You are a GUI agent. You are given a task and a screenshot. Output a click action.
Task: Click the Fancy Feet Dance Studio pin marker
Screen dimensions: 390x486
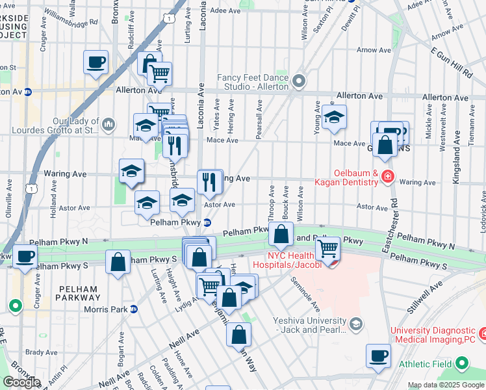click(299, 82)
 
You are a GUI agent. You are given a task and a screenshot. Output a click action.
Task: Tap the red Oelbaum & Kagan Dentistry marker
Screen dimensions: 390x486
click(388, 176)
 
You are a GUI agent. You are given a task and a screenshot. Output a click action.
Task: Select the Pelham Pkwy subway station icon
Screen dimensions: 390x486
click(207, 222)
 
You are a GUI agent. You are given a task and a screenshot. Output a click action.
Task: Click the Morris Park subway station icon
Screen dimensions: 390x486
click(133, 309)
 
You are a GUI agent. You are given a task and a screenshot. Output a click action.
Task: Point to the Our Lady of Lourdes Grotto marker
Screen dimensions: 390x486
click(109, 123)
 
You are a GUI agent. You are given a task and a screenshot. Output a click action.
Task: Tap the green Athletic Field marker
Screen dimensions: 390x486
click(461, 363)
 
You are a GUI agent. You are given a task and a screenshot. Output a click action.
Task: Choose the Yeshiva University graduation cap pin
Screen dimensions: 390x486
click(355, 324)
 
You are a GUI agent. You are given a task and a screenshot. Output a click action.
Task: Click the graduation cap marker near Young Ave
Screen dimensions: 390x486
click(335, 118)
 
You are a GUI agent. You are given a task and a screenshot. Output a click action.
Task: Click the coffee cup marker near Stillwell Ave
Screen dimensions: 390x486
click(378, 356)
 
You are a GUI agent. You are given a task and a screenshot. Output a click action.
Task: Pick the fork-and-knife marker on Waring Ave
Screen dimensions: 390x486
click(209, 181)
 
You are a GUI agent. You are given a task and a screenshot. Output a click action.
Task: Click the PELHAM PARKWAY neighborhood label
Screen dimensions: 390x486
click(77, 293)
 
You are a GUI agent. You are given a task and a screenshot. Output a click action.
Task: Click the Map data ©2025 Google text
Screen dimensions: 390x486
click(445, 385)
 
